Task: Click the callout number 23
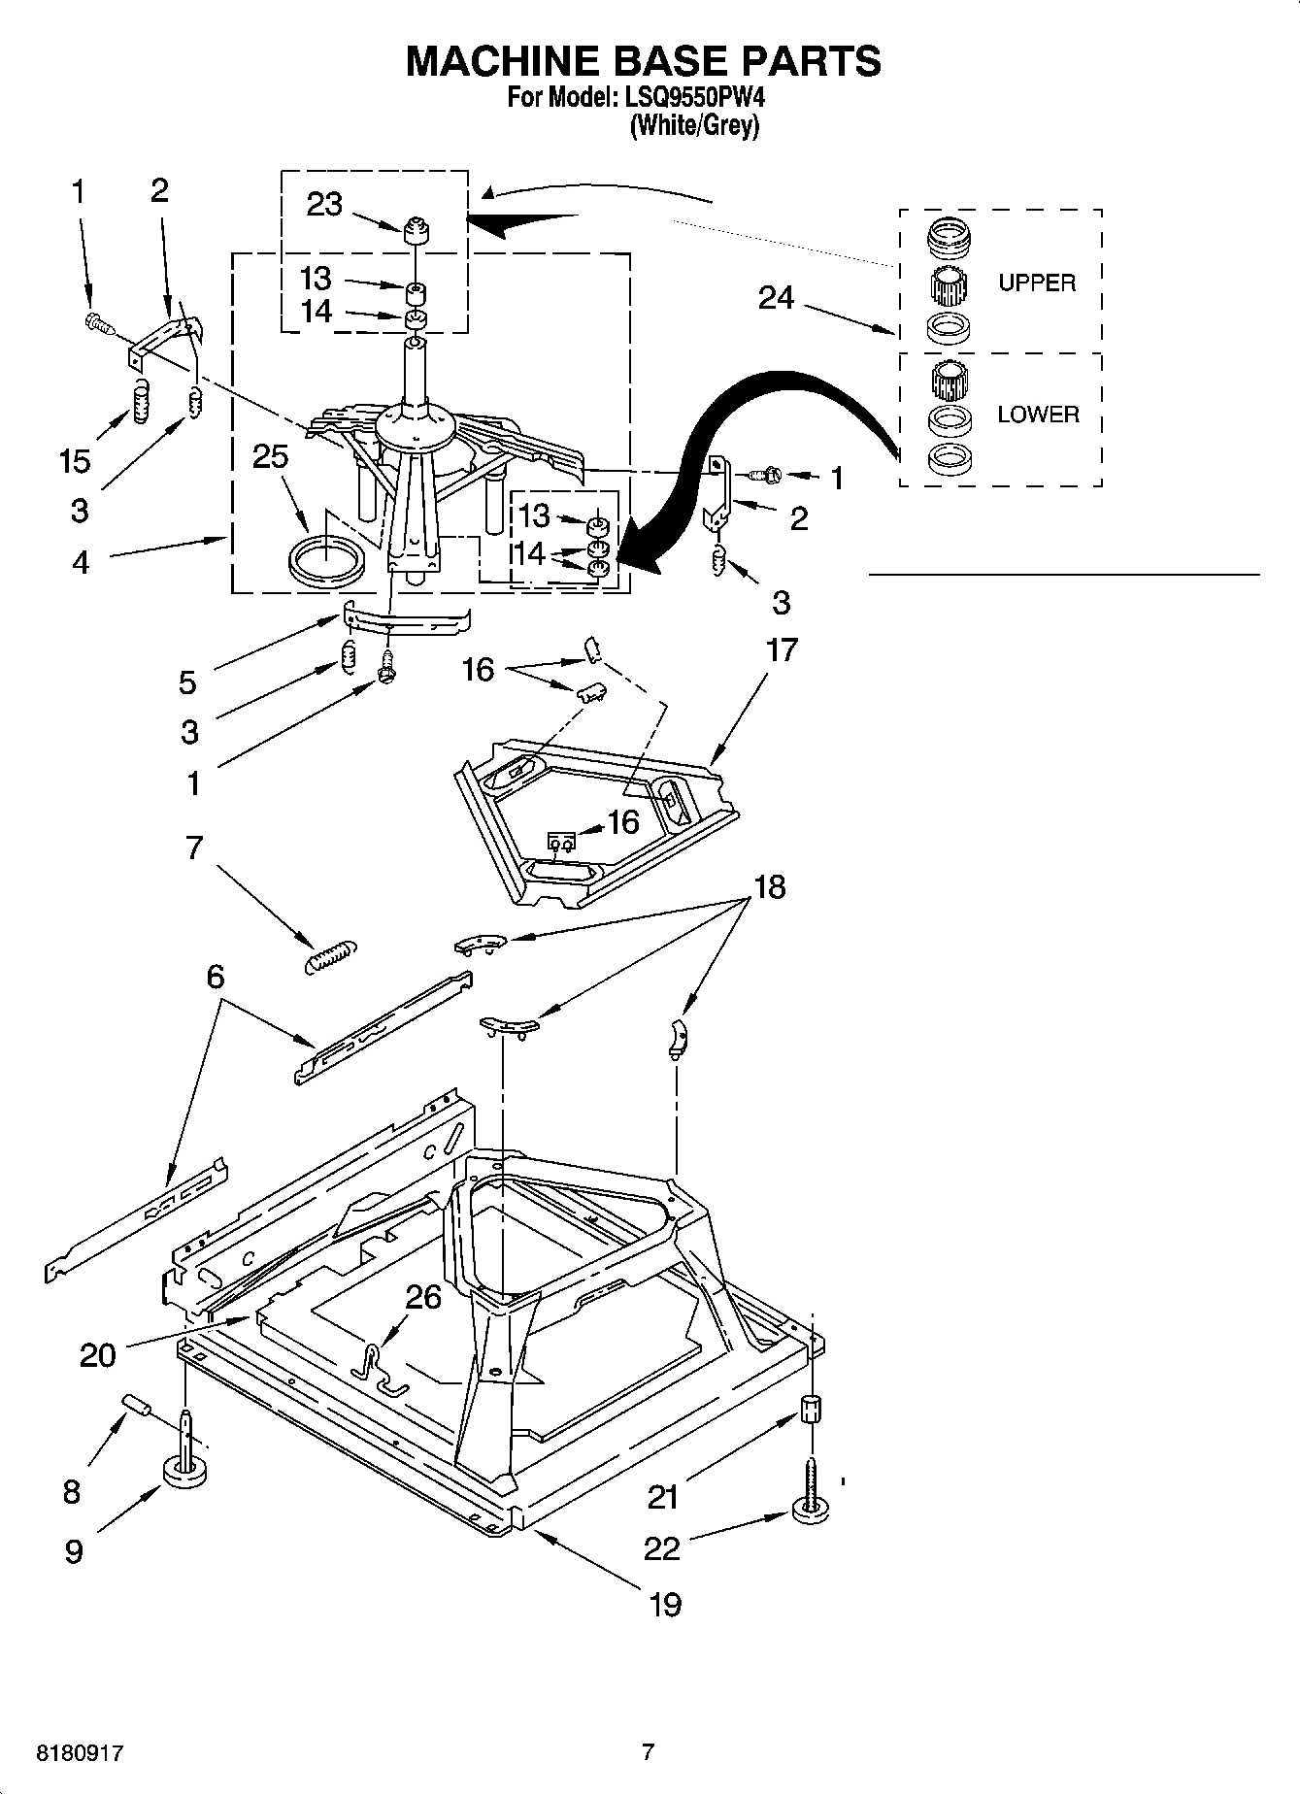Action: click(x=324, y=205)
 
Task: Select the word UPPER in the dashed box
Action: click(x=1037, y=283)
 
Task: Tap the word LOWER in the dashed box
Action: click(x=1038, y=415)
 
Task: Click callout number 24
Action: click(x=776, y=298)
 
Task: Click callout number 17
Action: click(x=782, y=649)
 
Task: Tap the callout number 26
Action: click(x=423, y=1297)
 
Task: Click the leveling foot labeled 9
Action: click(x=184, y=1473)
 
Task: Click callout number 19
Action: click(x=664, y=1604)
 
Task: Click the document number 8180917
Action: click(x=80, y=1753)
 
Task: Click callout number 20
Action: click(x=97, y=1354)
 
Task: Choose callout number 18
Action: click(x=769, y=887)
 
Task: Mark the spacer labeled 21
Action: click(x=812, y=1409)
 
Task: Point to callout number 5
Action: click(x=187, y=682)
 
